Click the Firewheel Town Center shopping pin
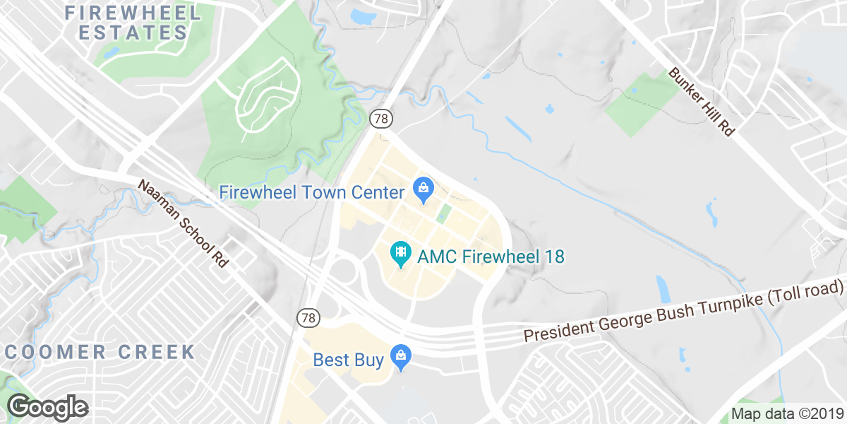pyautogui.click(x=423, y=189)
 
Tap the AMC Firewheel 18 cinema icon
pyautogui.click(x=401, y=253)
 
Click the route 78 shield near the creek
pyautogui.click(x=381, y=119)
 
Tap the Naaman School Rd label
pyautogui.click(x=183, y=223)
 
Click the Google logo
pyautogui.click(x=48, y=407)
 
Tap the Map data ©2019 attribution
pyautogui.click(x=787, y=414)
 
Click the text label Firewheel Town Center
pyautogui.click(x=311, y=192)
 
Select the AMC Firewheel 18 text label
pyautogui.click(x=491, y=256)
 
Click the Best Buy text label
pyautogui.click(x=349, y=360)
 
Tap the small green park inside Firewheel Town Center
pyautogui.click(x=443, y=213)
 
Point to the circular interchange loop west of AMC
pyautogui.click(x=342, y=271)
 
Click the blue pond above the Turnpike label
pyautogui.click(x=664, y=289)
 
